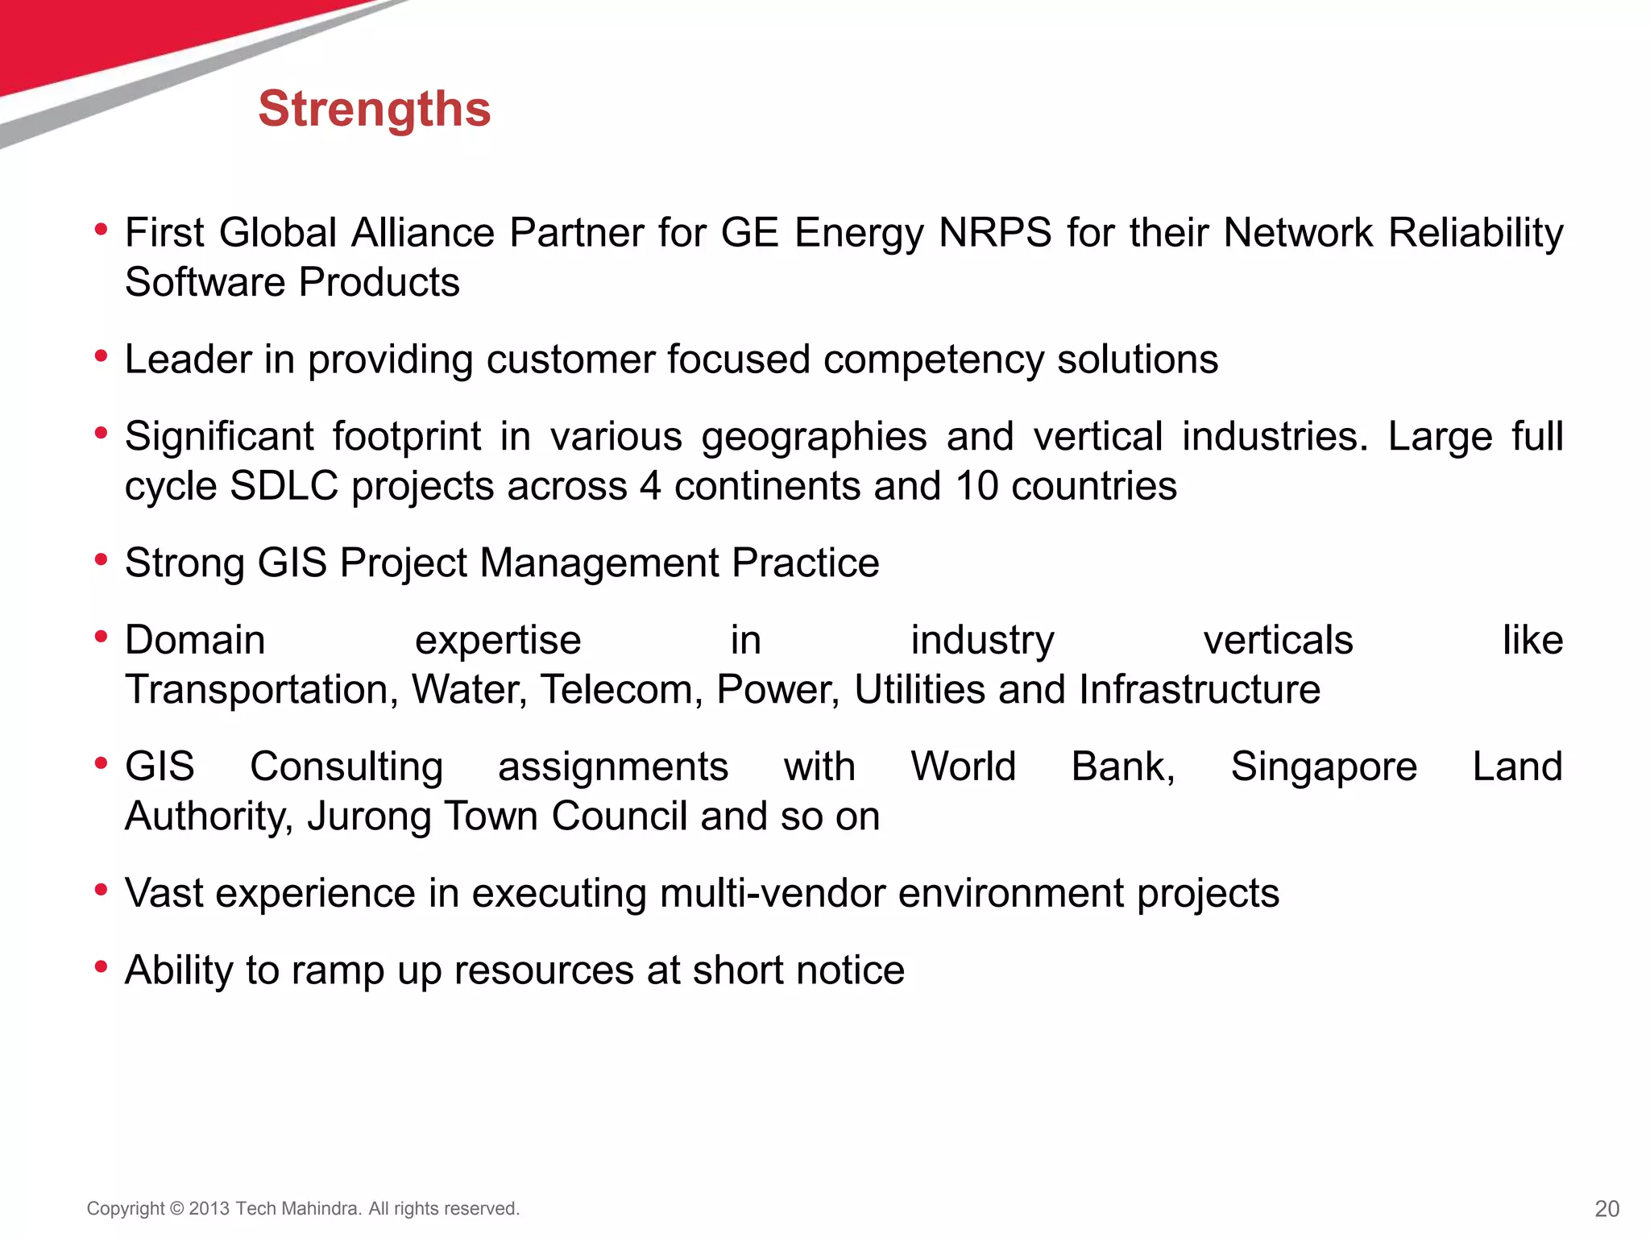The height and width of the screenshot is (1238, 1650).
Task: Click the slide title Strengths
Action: (x=374, y=109)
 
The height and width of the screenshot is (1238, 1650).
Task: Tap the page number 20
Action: (x=1606, y=1208)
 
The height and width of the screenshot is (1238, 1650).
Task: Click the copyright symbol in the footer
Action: (x=176, y=1209)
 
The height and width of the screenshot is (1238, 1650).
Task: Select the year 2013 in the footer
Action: (x=209, y=1209)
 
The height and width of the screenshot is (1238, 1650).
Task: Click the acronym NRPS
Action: (x=995, y=233)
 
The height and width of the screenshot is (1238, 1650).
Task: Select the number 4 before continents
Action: (x=650, y=486)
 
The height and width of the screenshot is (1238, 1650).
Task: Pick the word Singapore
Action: (x=1324, y=766)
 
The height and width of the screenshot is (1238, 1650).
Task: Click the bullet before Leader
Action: (x=101, y=355)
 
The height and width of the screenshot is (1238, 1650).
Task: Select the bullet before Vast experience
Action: (x=101, y=890)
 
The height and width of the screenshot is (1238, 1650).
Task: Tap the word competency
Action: (x=934, y=359)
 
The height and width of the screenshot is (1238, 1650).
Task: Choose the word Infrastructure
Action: (x=1200, y=690)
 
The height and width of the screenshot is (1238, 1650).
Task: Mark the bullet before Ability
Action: (x=101, y=966)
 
